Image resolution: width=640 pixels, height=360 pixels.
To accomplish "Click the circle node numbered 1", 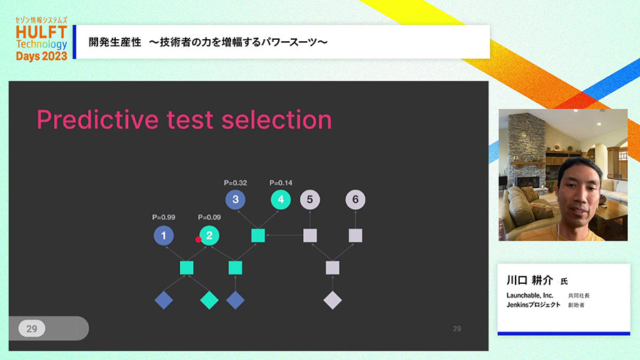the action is click(x=164, y=235).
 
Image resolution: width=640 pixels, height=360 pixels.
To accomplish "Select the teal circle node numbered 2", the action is click(x=209, y=235).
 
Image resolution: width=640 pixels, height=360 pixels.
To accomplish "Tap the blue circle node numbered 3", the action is click(x=235, y=200).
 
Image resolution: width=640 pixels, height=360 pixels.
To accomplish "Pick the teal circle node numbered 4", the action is click(x=281, y=200).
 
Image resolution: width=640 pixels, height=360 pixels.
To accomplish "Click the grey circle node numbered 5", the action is click(x=310, y=200).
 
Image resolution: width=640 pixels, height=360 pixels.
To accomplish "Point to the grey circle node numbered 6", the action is click(x=356, y=200).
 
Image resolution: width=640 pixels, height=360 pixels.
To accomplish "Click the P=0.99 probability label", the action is click(x=164, y=218).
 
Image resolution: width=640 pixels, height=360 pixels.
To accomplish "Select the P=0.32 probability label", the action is click(x=235, y=183).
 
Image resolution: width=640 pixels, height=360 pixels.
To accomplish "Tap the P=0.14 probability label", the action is click(x=281, y=183).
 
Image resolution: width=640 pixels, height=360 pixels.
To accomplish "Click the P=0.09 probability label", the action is click(x=209, y=218).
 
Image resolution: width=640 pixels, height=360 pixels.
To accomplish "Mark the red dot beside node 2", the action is click(x=198, y=240).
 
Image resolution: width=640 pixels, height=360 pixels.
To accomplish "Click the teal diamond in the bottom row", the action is click(x=209, y=300).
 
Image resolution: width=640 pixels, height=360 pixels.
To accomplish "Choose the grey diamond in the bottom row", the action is click(x=333, y=300).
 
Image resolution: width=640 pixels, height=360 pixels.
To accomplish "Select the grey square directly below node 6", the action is click(x=356, y=235).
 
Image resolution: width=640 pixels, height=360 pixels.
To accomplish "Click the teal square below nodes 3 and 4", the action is click(x=258, y=235).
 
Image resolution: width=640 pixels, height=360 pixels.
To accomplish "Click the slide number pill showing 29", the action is click(x=31, y=329).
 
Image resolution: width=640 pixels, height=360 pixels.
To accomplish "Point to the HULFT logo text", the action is click(x=41, y=32).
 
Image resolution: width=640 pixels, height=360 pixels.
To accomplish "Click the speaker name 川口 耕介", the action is click(x=530, y=280).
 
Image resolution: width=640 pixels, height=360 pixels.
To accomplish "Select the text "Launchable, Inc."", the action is click(x=530, y=295).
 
